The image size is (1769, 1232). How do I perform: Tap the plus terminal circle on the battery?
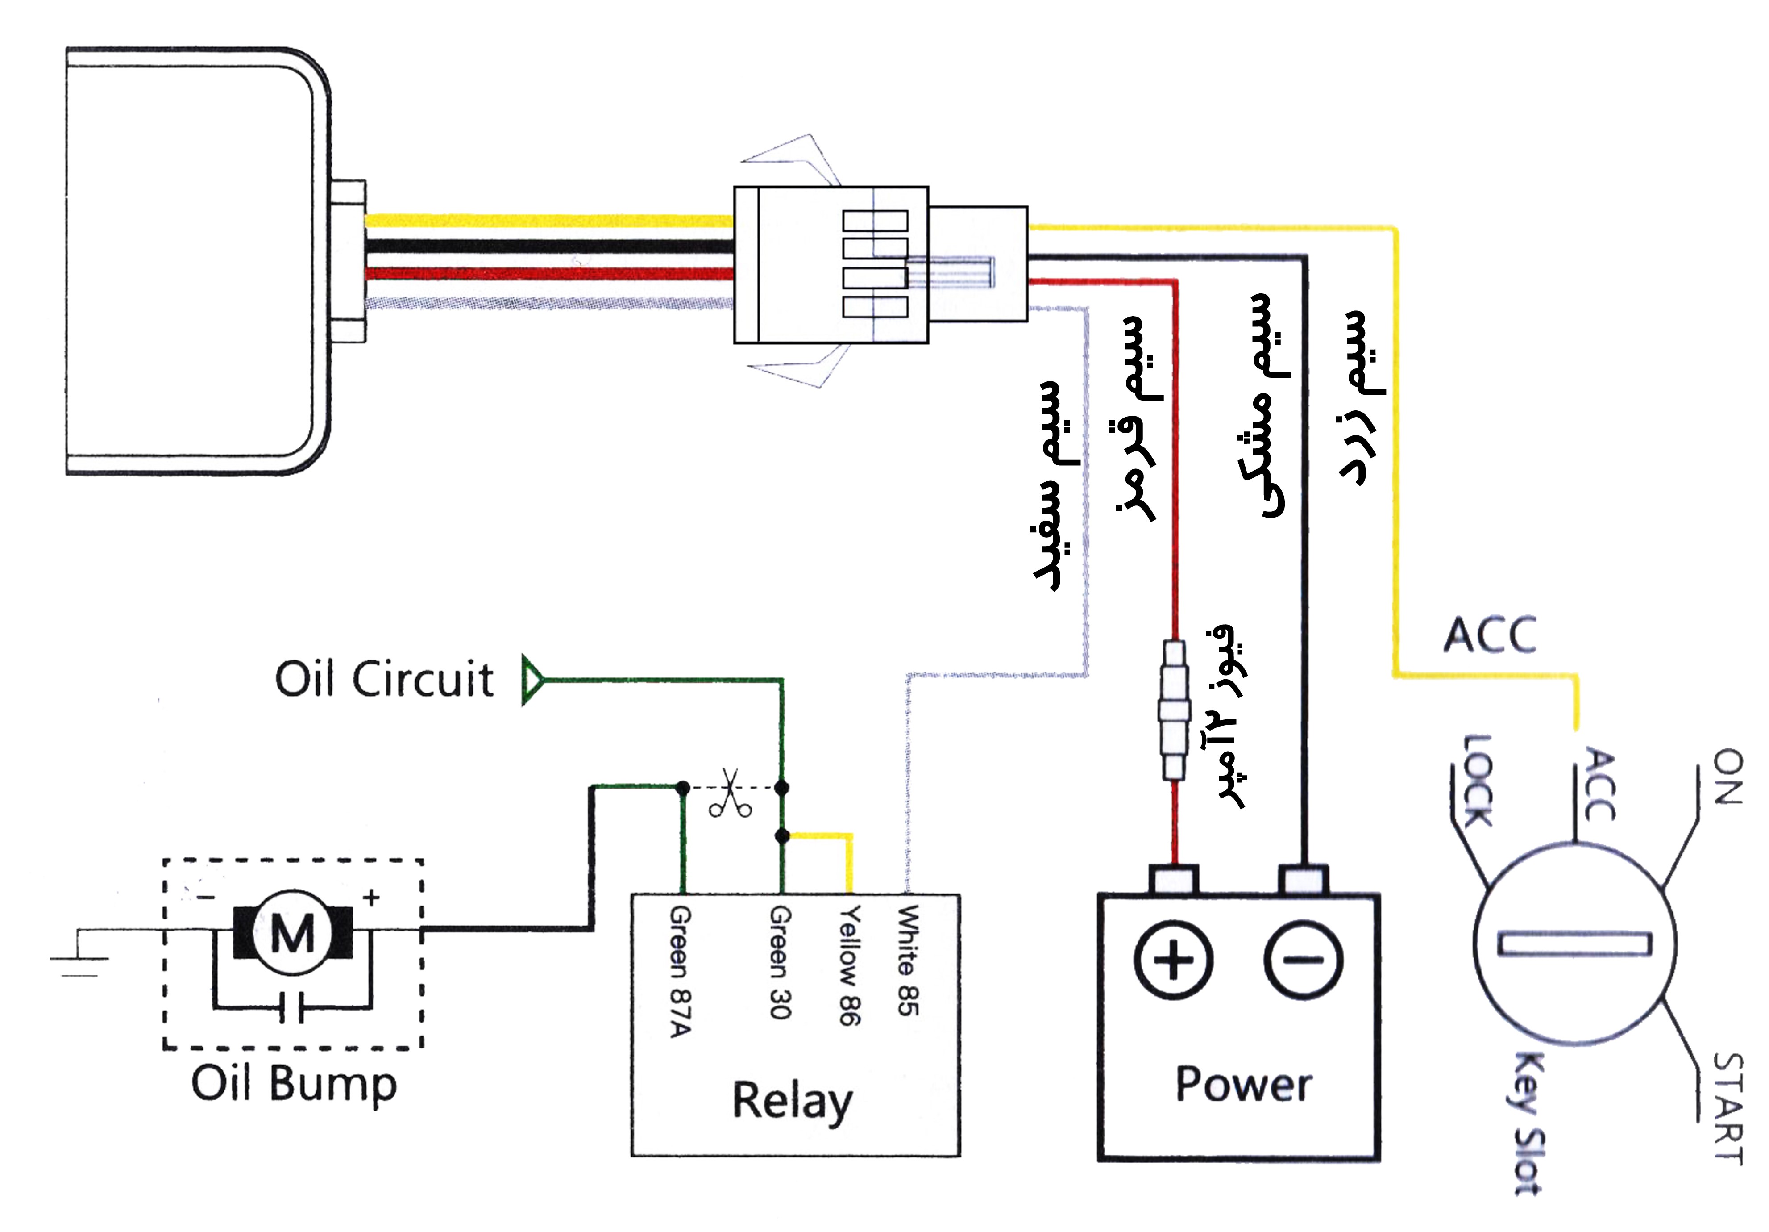pos(1173,961)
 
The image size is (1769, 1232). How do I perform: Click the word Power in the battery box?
pos(1243,1085)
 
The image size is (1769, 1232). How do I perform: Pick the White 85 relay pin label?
pos(909,960)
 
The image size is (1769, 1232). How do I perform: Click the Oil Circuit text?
pos(384,679)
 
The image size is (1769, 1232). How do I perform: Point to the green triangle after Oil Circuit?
pos(533,680)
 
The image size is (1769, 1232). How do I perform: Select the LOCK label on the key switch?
pos(1476,780)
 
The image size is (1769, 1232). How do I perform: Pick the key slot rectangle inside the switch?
pos(1574,944)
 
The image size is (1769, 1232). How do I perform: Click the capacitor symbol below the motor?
pos(292,1007)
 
